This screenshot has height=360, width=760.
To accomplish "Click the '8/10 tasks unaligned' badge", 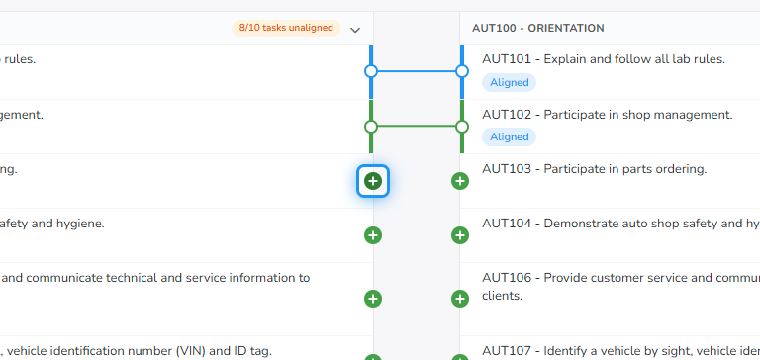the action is pos(286,28).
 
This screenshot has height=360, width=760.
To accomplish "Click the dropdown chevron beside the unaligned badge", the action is pos(355,30).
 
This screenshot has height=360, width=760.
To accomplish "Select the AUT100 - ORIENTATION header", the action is pos(538,28).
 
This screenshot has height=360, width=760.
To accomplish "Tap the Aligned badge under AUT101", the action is pos(509,82).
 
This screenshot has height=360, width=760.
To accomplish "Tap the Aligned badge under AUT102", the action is pos(509,137).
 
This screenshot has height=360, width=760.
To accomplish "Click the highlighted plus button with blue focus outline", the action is pos(373,181).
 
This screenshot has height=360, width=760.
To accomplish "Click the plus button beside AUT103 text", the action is pos(460,181).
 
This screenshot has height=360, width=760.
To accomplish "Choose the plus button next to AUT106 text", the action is pos(460,299).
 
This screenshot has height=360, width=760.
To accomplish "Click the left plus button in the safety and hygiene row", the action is pos(373,235).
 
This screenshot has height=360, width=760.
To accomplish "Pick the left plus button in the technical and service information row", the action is pos(373,299).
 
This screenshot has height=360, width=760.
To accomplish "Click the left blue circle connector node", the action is pos(371,72).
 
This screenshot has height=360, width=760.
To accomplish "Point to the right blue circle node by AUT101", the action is pos(462,72).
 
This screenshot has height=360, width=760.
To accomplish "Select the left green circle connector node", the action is pos(371,127).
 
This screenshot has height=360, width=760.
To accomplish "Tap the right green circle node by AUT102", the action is pos(462,127).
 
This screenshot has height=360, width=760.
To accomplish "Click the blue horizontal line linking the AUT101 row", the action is pos(417,72).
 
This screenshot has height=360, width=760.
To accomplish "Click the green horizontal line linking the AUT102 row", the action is pos(417,127).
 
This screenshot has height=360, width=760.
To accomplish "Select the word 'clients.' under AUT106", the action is pos(502,296).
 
